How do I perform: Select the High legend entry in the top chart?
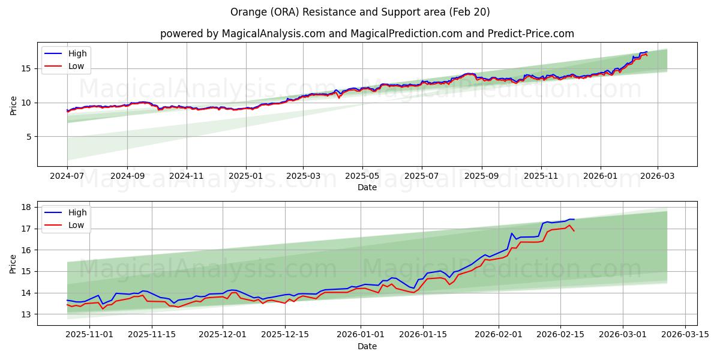77,53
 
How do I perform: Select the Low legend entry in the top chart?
76,67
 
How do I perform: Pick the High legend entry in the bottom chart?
77,212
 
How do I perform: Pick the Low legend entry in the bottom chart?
76,225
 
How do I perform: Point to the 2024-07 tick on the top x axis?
67,177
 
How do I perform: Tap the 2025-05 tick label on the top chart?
362,177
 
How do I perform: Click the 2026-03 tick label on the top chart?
657,177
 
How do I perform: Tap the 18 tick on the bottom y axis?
27,207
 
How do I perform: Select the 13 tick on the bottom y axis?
27,314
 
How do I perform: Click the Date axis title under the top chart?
367,187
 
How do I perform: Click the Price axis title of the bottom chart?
13,263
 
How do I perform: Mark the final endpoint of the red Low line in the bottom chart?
574,231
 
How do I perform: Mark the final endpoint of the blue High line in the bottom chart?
574,219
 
